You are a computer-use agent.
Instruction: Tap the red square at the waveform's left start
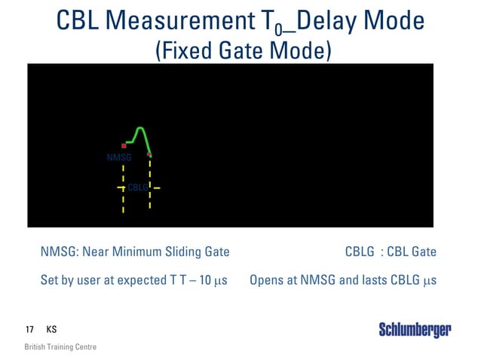pyautogui.click(x=124, y=145)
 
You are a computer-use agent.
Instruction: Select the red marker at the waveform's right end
pyautogui.click(x=149, y=154)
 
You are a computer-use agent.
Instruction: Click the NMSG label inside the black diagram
pyautogui.click(x=119, y=158)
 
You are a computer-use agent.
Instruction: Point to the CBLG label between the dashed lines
pyautogui.click(x=137, y=187)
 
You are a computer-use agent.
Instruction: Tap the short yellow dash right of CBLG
pyautogui.click(x=158, y=187)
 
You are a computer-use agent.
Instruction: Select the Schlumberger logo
pyautogui.click(x=415, y=330)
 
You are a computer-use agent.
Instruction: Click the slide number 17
pyautogui.click(x=29, y=330)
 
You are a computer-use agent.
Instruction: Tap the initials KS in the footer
pyautogui.click(x=51, y=330)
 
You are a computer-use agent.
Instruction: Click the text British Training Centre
pyautogui.click(x=60, y=347)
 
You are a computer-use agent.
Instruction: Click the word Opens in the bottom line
pyautogui.click(x=265, y=281)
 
